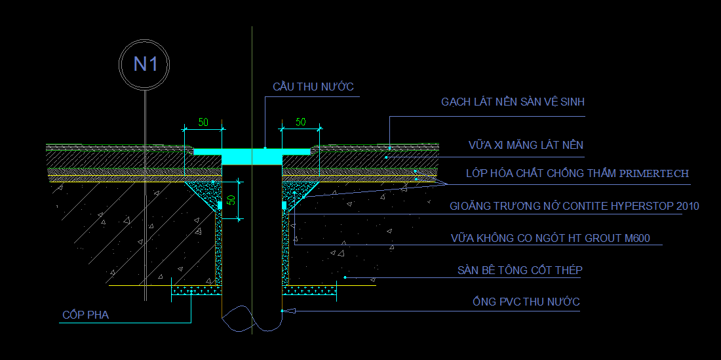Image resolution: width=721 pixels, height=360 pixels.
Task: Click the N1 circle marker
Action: pyautogui.click(x=144, y=64)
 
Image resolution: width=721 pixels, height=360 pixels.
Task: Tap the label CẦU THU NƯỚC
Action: pyautogui.click(x=313, y=87)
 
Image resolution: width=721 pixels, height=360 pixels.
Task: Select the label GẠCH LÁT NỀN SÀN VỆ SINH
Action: pyautogui.click(x=513, y=102)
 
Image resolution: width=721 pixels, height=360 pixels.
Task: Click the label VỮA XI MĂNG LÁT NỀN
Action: pyautogui.click(x=526, y=145)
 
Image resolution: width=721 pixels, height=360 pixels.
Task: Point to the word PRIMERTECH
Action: pyautogui.click(x=653, y=174)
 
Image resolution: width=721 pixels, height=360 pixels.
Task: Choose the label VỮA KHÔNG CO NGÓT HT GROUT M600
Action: pyautogui.click(x=550, y=238)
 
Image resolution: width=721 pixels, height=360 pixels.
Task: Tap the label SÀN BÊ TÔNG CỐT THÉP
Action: pyautogui.click(x=520, y=270)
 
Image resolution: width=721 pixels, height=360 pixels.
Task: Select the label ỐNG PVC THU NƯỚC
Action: pyautogui.click(x=526, y=302)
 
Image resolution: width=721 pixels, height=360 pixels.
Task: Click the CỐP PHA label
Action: pyautogui.click(x=85, y=315)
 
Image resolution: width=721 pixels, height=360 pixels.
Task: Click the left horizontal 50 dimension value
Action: pyautogui.click(x=203, y=122)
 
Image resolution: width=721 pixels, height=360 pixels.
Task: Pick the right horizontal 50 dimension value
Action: pyautogui.click(x=300, y=122)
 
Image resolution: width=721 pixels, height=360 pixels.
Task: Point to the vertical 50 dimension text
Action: pyautogui.click(x=231, y=200)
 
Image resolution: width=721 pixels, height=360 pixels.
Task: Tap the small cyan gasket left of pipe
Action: pyautogui.click(x=220, y=205)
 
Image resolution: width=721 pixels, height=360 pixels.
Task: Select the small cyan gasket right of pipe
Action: pyautogui.click(x=284, y=205)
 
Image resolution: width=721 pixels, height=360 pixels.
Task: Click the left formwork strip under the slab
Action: pyautogui.click(x=195, y=289)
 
